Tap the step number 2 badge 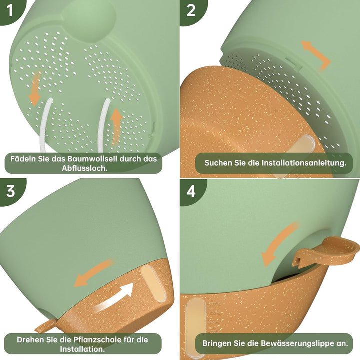[x=191, y=10]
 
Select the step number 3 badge [x=10, y=191]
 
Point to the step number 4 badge [x=191, y=191]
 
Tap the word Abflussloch [x=84, y=168]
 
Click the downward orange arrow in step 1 [x=35, y=89]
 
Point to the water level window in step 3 [x=152, y=283]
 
